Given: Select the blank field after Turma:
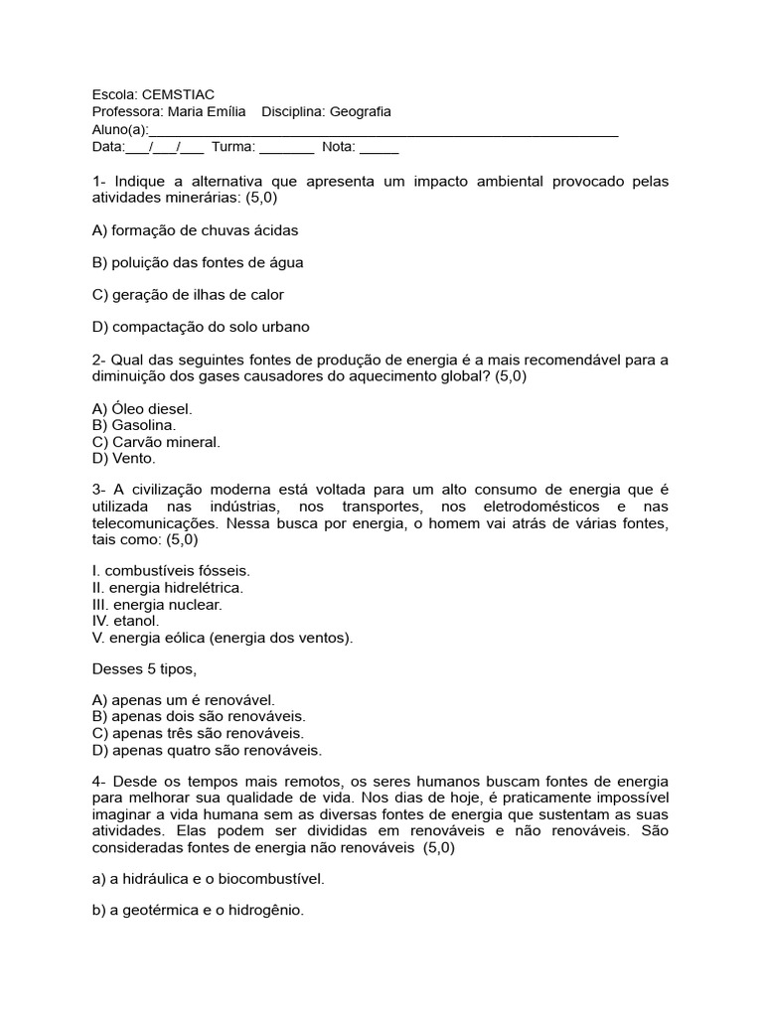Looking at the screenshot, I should [287, 148].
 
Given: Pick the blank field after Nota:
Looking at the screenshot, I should [379, 148].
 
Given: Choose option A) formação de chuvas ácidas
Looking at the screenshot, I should [195, 229].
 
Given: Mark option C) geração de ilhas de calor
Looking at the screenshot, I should [188, 295].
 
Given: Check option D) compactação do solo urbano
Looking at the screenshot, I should [201, 327].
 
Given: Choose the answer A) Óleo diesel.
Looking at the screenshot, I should [142, 408].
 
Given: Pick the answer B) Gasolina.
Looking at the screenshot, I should [134, 425].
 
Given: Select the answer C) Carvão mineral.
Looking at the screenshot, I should [156, 442].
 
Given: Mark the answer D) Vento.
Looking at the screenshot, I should [124, 459].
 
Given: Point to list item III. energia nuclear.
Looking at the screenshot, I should [157, 604].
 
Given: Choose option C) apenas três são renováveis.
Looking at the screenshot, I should [198, 733].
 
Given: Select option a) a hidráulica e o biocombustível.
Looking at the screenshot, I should [208, 879].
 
